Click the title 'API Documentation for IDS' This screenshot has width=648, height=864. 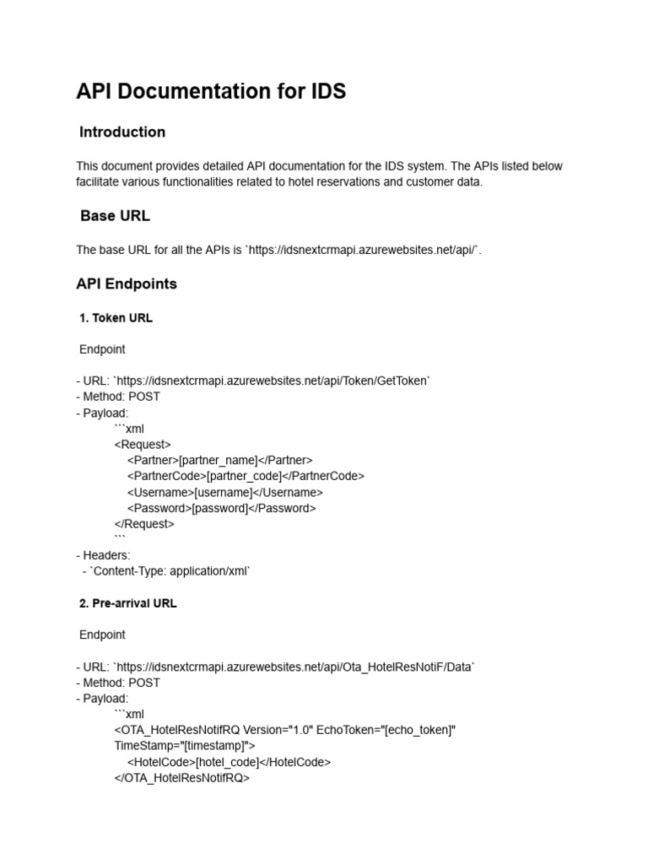tap(211, 91)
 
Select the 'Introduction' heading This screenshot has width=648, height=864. tap(122, 132)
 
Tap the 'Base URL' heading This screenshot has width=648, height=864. tap(115, 216)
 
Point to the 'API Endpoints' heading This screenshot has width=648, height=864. tap(127, 284)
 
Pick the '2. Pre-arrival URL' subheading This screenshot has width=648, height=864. tap(128, 604)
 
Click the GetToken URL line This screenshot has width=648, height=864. tap(253, 381)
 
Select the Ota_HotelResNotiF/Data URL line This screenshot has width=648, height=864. tap(275, 667)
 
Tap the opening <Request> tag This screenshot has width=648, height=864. tap(143, 445)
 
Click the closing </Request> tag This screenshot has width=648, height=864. tap(144, 524)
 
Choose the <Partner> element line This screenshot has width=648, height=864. tap(220, 461)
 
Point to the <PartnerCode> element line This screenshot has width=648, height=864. tap(246, 476)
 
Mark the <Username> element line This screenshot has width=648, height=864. tap(225, 492)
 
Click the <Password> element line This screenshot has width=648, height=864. tap(222, 508)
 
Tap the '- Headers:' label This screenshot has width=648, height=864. tap(103, 555)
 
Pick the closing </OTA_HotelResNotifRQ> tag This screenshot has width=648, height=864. tap(182, 778)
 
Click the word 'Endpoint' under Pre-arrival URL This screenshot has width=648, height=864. tap(103, 635)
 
